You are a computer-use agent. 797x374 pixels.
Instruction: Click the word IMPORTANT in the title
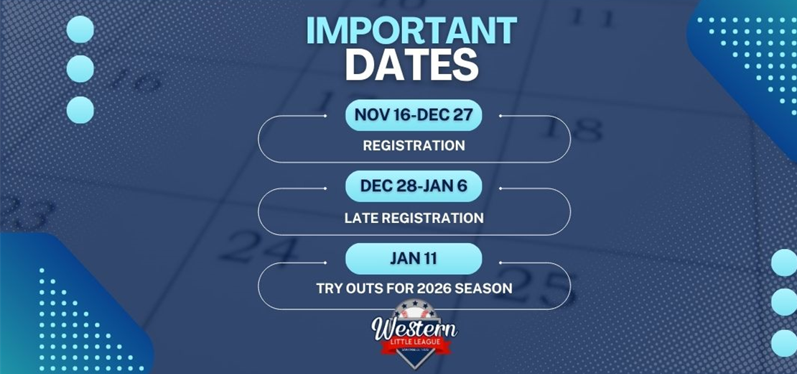point(411,31)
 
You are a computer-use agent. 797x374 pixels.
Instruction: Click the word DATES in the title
point(411,66)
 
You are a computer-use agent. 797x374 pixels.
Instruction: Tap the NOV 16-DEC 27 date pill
point(414,114)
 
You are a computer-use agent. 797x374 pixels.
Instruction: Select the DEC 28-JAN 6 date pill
point(414,186)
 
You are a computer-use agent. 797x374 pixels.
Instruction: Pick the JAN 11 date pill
point(414,258)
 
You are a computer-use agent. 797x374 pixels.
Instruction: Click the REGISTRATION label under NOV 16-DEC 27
point(414,145)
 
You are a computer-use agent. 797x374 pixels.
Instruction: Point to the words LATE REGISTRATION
point(414,217)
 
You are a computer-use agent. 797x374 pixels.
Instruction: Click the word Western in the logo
point(414,328)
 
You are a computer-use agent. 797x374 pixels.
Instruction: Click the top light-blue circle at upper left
point(80,29)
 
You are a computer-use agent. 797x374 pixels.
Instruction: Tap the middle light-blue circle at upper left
point(80,69)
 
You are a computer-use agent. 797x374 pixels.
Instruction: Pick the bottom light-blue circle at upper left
point(80,109)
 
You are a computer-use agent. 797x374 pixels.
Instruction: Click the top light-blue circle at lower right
point(785,263)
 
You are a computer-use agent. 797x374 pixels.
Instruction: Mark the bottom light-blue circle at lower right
point(785,342)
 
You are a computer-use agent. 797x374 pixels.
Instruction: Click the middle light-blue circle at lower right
point(785,302)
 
